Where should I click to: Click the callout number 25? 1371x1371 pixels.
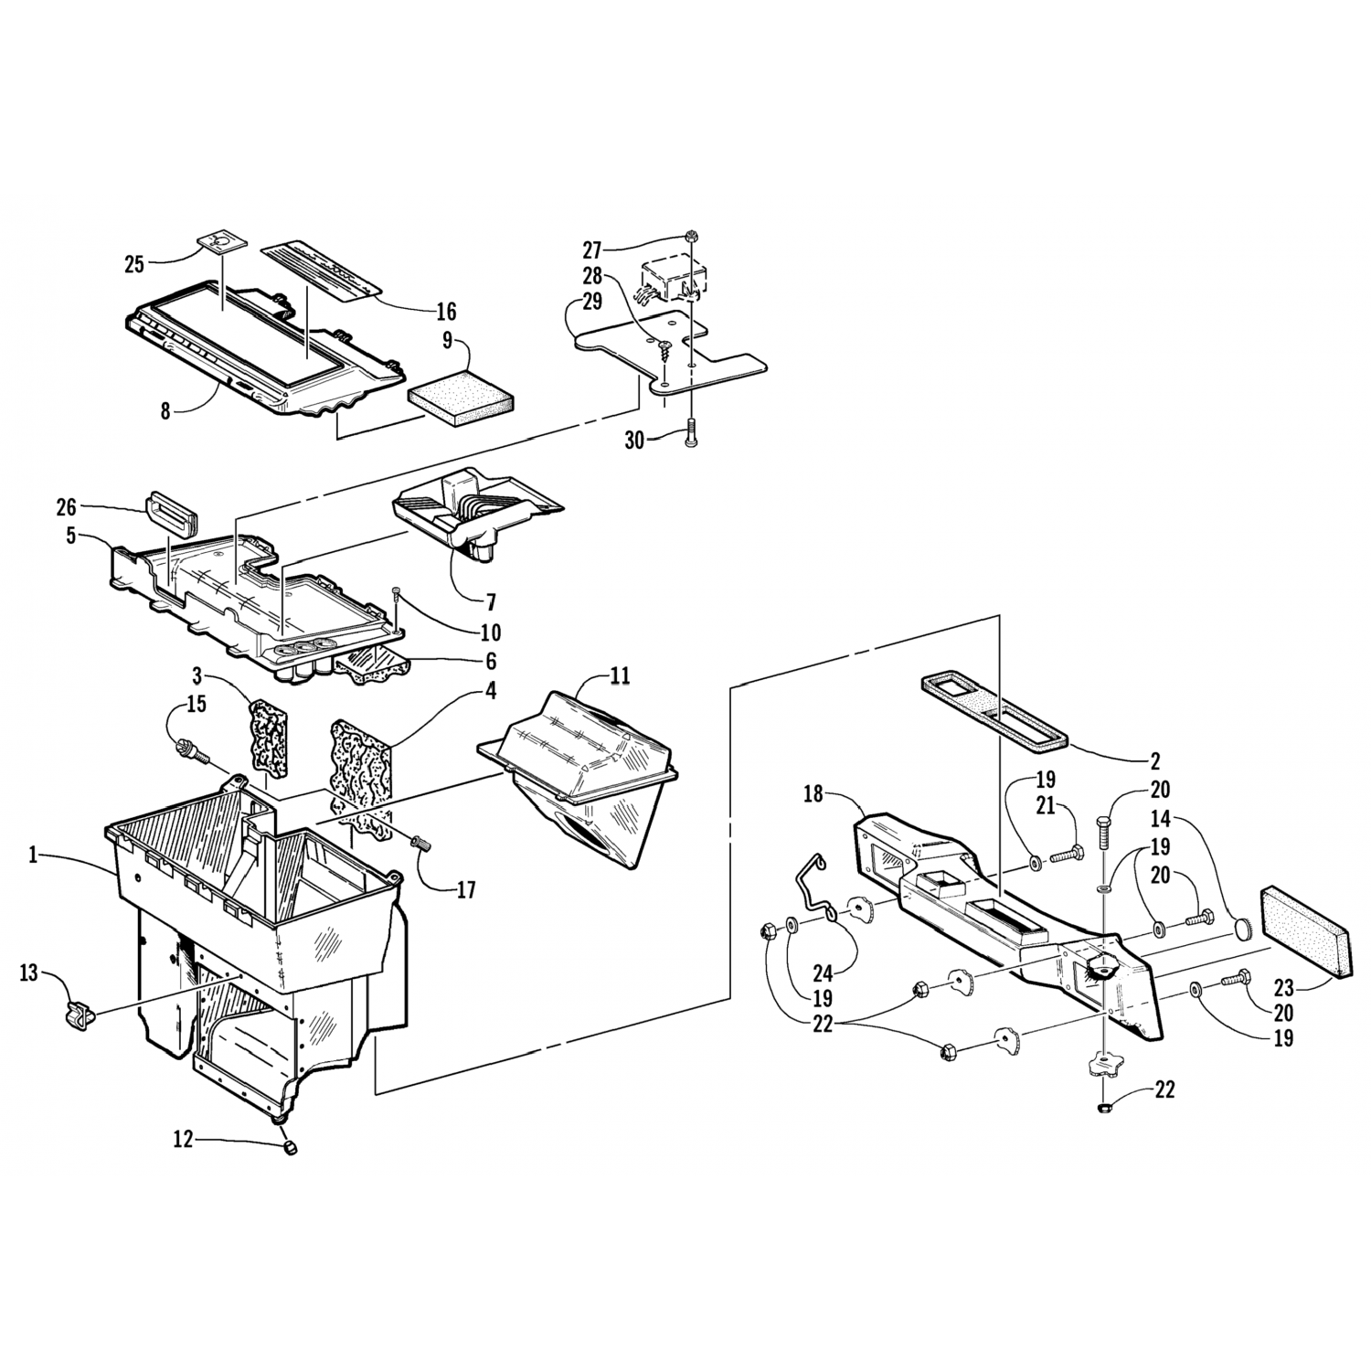[x=135, y=265]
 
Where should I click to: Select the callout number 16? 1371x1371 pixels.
[x=445, y=312]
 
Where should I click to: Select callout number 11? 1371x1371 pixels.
[x=620, y=676]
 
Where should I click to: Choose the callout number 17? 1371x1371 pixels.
[x=466, y=888]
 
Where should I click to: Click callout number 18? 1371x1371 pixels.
[x=813, y=794]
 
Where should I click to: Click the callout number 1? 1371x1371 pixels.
[x=34, y=856]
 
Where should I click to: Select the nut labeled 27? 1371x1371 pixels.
[x=692, y=235]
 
